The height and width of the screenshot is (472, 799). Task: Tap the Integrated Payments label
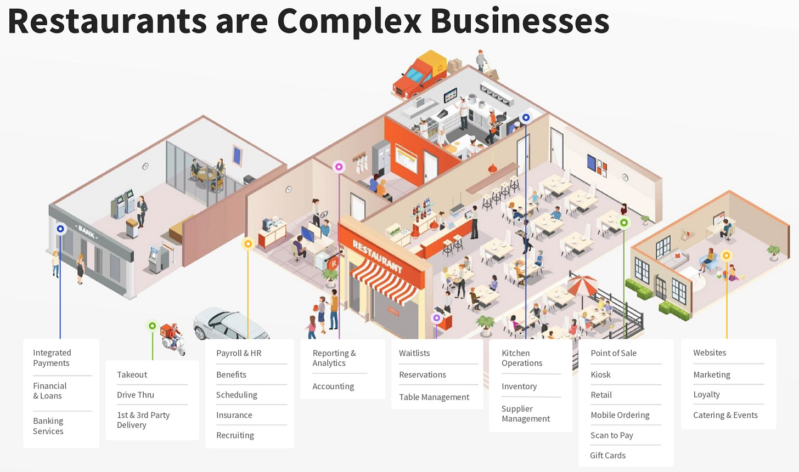pyautogui.click(x=52, y=358)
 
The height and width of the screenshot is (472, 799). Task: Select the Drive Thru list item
pyautogui.click(x=136, y=395)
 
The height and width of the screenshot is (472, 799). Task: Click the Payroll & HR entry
pyautogui.click(x=239, y=353)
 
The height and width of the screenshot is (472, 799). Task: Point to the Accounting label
pyautogui.click(x=333, y=386)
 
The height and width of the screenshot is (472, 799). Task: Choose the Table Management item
pyautogui.click(x=434, y=397)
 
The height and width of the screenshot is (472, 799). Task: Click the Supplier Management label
pyautogui.click(x=525, y=413)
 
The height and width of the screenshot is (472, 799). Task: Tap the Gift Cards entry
pyautogui.click(x=607, y=455)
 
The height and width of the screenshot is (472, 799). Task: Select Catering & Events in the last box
pyautogui.click(x=725, y=415)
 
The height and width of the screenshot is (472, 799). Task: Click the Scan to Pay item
pyautogui.click(x=611, y=435)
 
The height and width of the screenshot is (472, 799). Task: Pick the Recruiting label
pyautogui.click(x=235, y=435)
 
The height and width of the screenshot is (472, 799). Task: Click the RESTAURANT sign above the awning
pyautogui.click(x=377, y=257)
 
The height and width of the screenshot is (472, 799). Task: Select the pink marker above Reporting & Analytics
pyautogui.click(x=339, y=167)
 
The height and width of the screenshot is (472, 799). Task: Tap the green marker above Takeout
pyautogui.click(x=153, y=326)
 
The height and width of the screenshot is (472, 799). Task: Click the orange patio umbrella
pyautogui.click(x=582, y=284)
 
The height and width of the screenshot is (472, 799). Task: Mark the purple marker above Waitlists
pyautogui.click(x=437, y=318)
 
